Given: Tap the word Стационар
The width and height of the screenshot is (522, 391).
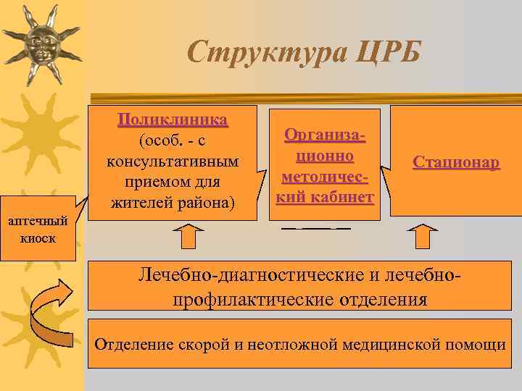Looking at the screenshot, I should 456,162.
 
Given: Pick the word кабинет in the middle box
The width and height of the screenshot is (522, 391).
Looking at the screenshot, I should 344,196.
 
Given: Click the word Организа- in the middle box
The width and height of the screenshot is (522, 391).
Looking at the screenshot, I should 325,135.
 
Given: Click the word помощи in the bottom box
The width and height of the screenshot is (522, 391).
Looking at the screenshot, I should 478,343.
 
